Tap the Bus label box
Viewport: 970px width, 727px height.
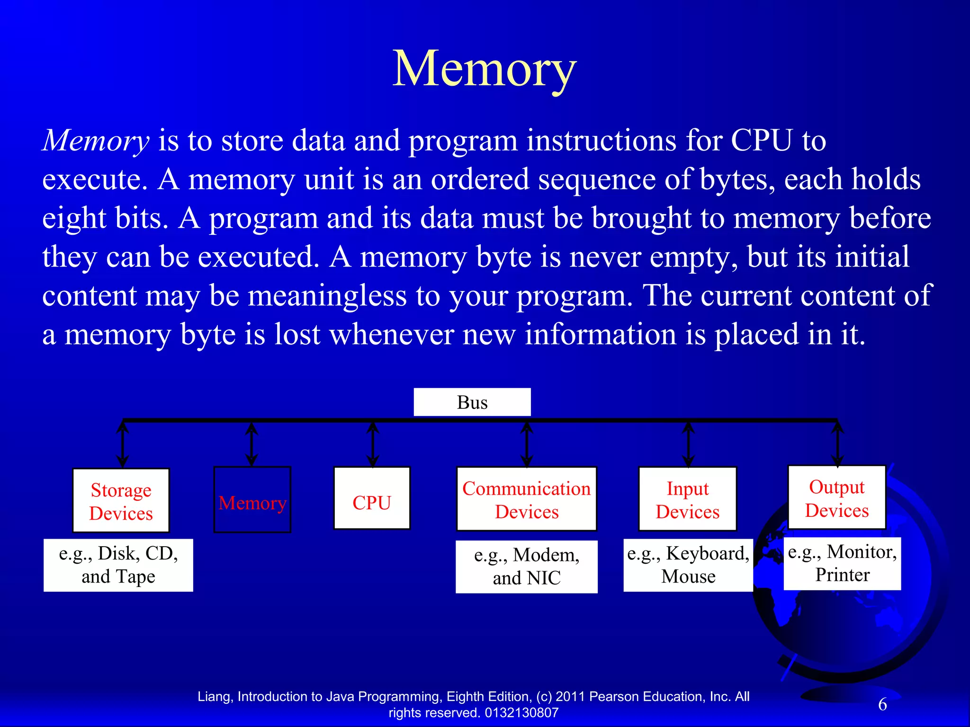pos(472,402)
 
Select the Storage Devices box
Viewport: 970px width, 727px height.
pos(121,501)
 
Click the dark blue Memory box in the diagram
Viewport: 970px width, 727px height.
pos(252,500)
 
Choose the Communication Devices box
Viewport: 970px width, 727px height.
pos(526,499)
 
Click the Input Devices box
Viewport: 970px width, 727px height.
pos(687,499)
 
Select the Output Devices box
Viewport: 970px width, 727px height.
pos(837,498)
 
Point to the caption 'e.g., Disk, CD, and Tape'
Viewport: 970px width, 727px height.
pos(118,565)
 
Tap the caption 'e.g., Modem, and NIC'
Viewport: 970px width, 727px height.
pos(527,567)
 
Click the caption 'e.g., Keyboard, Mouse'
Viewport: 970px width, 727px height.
pos(688,565)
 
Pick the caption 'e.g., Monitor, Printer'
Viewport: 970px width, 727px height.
pos(842,564)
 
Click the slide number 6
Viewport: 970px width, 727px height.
pos(882,704)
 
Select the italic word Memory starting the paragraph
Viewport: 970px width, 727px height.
pos(96,141)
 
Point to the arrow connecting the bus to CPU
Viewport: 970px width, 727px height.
pos(373,444)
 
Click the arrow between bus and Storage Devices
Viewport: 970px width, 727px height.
pos(123,444)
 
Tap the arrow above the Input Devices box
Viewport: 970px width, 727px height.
pos(688,444)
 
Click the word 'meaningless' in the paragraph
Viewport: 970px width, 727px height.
pos(327,296)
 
